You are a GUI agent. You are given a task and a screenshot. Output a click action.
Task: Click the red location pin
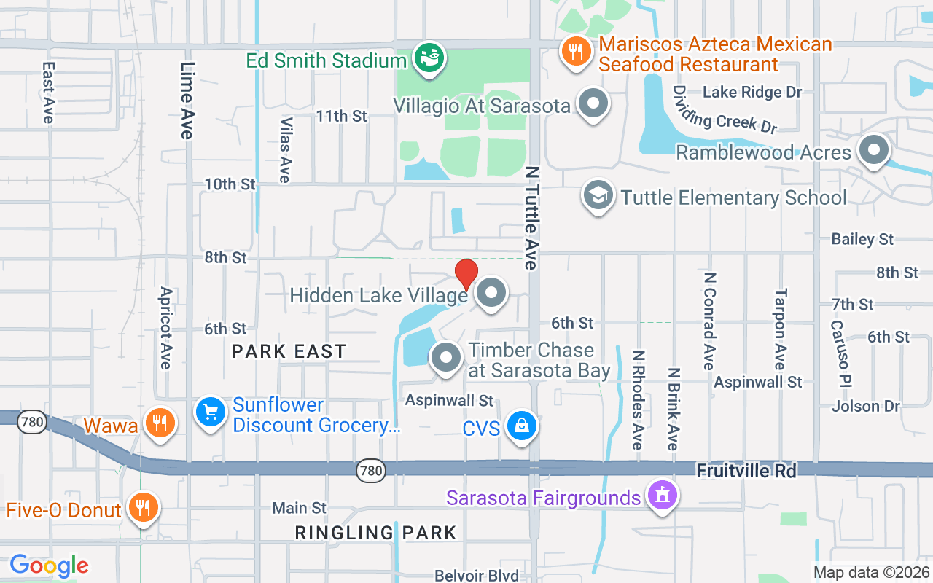pyautogui.click(x=466, y=274)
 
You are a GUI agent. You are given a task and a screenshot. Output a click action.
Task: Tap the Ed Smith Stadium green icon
pyautogui.click(x=429, y=59)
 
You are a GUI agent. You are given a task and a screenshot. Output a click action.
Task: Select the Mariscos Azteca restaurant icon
pyautogui.click(x=576, y=52)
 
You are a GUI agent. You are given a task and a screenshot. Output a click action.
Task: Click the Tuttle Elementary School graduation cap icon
pyautogui.click(x=598, y=196)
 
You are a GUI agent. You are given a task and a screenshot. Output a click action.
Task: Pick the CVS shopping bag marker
pyautogui.click(x=522, y=427)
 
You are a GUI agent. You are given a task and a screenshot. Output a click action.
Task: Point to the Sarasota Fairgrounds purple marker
pyautogui.click(x=662, y=496)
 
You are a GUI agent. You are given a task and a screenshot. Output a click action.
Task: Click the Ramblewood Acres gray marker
pyautogui.click(x=873, y=151)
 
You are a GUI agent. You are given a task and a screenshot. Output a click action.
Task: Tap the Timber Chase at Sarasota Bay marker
pyautogui.click(x=446, y=359)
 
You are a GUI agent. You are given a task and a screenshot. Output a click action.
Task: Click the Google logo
pyautogui.click(x=49, y=566)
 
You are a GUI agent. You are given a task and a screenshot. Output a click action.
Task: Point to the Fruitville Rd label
pyautogui.click(x=746, y=471)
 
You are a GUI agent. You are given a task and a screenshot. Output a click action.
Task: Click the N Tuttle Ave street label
pyautogui.click(x=531, y=217)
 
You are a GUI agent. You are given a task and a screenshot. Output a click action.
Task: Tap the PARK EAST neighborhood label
pyautogui.click(x=289, y=351)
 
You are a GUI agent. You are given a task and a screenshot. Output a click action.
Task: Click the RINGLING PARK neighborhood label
pyautogui.click(x=375, y=533)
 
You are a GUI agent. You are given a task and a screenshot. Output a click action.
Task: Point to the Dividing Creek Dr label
pyautogui.click(x=725, y=109)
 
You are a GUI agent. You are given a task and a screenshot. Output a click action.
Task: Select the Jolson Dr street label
pyautogui.click(x=866, y=406)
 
